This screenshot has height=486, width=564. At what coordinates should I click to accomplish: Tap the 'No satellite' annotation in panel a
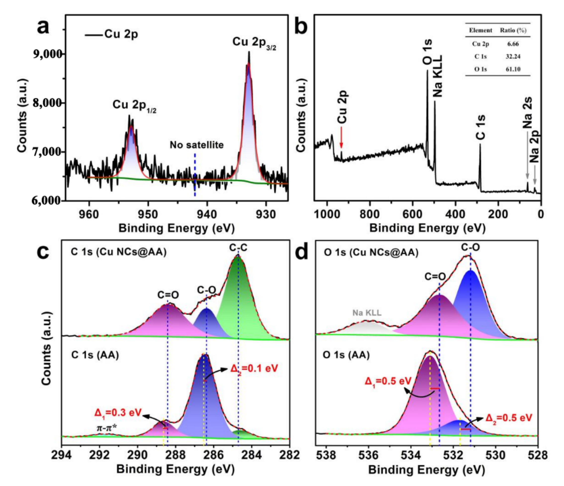coord(196,145)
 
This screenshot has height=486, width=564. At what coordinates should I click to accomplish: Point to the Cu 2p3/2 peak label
coord(254,43)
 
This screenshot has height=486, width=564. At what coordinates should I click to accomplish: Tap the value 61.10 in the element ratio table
coord(513,69)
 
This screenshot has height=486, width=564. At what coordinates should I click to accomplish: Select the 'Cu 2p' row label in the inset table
coord(480,44)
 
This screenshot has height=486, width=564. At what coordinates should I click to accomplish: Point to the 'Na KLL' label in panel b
coord(437,76)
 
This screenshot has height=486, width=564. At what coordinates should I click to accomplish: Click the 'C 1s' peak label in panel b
coord(481,127)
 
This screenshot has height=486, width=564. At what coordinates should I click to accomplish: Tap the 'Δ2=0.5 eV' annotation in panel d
coord(509,418)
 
